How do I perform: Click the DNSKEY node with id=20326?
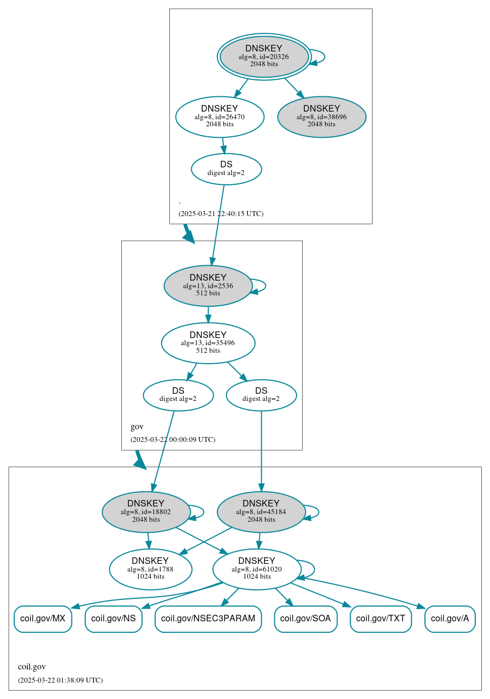tap(264, 56)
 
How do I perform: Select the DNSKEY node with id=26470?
tap(220, 116)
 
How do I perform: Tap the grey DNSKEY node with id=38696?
tap(322, 116)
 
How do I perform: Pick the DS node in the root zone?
tap(226, 168)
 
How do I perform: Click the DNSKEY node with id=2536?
tap(208, 286)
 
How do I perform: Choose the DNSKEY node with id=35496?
tap(208, 343)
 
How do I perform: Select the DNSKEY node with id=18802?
tap(146, 511)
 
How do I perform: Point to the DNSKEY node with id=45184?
tap(261, 511)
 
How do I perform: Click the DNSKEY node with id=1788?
tap(150, 569)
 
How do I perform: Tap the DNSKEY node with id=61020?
tap(257, 569)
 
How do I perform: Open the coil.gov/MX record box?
tap(43, 619)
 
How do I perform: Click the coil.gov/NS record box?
tap(114, 619)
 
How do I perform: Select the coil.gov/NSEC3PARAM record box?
tap(208, 619)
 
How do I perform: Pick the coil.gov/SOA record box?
tap(305, 619)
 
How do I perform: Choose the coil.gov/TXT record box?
tap(381, 619)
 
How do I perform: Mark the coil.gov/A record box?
tap(450, 619)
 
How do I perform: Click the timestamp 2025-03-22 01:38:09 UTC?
tap(60, 680)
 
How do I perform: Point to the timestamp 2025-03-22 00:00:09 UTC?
tap(173, 440)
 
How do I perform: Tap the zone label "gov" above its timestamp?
tap(137, 427)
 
